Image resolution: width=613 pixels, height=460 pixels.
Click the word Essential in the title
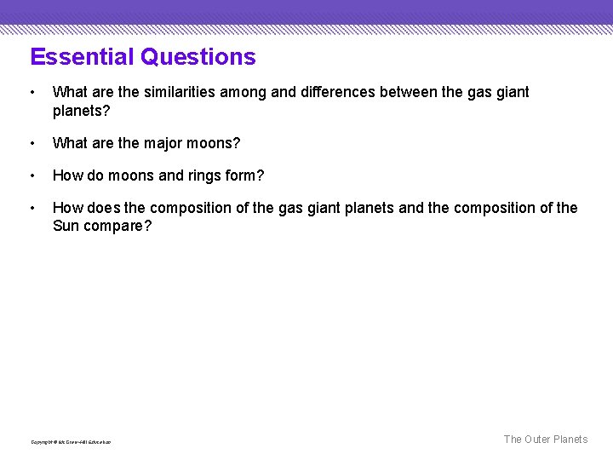(x=83, y=57)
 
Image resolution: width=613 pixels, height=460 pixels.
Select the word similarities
(x=176, y=92)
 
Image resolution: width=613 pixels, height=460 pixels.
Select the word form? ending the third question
(x=246, y=176)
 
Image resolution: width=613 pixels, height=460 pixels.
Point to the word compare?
(x=118, y=227)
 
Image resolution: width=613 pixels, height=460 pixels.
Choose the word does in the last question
(x=103, y=208)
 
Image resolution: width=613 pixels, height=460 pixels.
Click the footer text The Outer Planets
(x=545, y=440)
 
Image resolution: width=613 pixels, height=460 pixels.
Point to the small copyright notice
(x=71, y=442)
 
